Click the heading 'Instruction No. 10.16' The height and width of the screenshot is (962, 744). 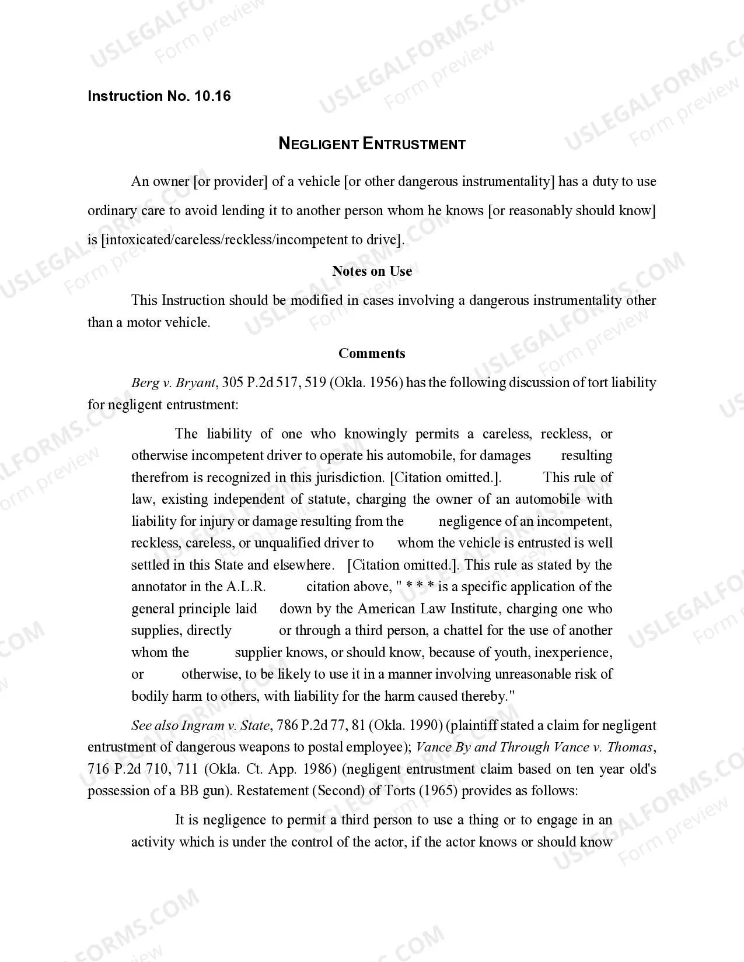point(159,96)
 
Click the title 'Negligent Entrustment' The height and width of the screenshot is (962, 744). point(372,143)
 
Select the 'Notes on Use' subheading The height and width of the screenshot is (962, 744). point(372,271)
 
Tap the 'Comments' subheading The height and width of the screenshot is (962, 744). point(372,353)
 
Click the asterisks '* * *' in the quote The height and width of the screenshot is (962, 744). point(420,587)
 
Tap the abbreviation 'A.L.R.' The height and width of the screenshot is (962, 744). point(246,587)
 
